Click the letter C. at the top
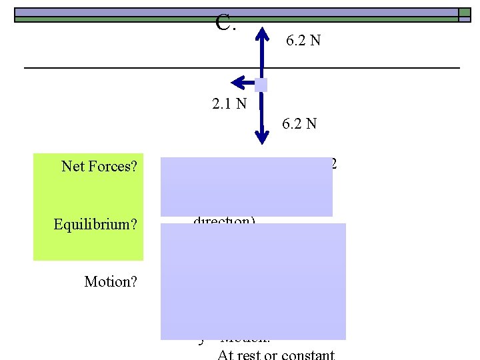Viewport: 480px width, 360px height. point(226,24)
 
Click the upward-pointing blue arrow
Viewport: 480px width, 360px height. point(263,50)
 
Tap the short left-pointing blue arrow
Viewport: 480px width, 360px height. point(242,83)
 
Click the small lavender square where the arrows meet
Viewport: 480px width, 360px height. point(261,85)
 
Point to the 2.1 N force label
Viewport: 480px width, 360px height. point(229,103)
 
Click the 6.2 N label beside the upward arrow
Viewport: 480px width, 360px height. point(303,41)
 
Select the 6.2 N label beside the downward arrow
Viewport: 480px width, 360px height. point(299,123)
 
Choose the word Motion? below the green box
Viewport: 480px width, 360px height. point(111,282)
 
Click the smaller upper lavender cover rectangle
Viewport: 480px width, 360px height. point(246,187)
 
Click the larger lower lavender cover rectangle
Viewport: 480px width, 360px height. point(253,281)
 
